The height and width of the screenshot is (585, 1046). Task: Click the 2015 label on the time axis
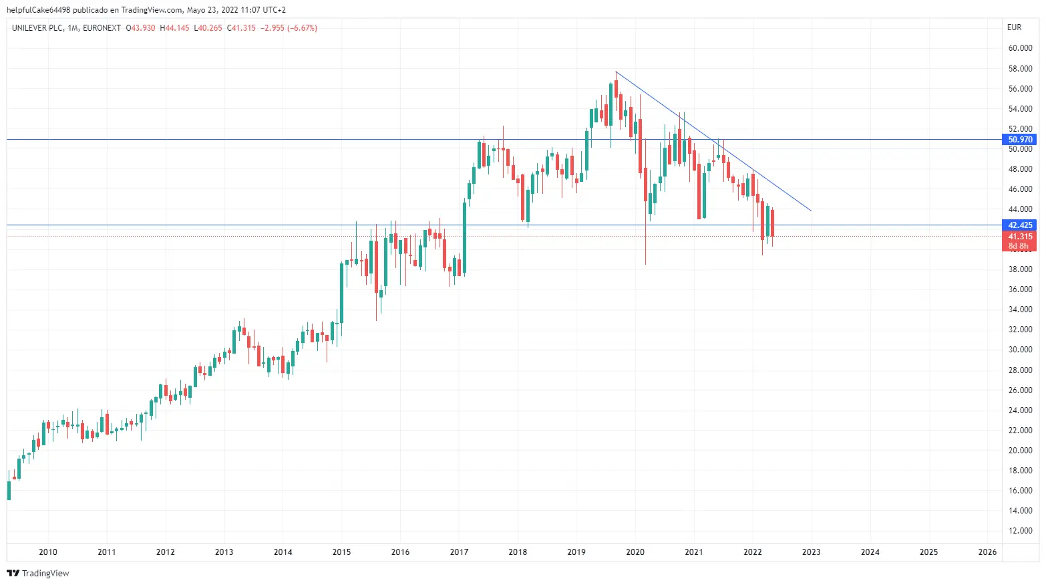click(x=341, y=552)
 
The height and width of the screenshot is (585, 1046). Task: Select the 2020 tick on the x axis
click(x=635, y=552)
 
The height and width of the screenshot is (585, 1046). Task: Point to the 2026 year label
click(x=987, y=552)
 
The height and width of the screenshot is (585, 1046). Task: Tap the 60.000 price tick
click(x=1020, y=48)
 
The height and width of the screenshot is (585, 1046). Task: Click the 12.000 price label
click(x=1020, y=531)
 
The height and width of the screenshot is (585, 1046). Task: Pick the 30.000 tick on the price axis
click(x=1020, y=350)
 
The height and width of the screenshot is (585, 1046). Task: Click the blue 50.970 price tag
click(x=1020, y=140)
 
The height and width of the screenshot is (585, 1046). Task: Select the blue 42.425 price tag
click(x=1020, y=225)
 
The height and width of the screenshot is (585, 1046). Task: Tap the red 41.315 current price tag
click(x=1020, y=237)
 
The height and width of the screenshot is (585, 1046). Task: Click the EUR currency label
click(x=1014, y=27)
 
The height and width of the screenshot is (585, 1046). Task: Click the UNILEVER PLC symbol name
click(x=37, y=28)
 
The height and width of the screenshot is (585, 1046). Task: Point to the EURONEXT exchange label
click(x=102, y=28)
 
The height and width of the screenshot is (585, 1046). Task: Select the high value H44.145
click(x=174, y=28)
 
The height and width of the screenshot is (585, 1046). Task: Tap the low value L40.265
click(x=208, y=28)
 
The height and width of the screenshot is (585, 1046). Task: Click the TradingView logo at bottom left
click(x=38, y=573)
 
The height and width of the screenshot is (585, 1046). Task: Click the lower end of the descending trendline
click(x=811, y=211)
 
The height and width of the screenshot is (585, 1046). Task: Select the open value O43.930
click(x=140, y=28)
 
